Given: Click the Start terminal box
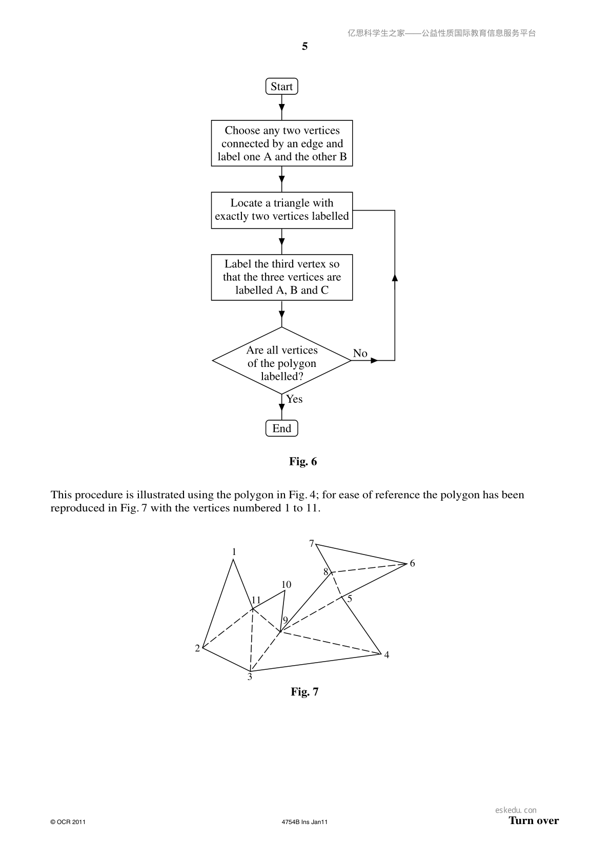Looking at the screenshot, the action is click(282, 86).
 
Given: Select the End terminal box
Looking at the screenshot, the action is click(282, 428).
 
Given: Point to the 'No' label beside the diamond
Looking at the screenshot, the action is click(360, 353).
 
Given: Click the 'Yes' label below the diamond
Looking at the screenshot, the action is click(294, 399).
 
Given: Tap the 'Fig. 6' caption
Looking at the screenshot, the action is click(303, 462).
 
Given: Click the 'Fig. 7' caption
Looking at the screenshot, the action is click(304, 691).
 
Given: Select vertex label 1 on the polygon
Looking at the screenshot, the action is click(234, 552).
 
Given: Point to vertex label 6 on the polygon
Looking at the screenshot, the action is click(412, 564).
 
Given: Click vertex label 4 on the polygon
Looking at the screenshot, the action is click(387, 655).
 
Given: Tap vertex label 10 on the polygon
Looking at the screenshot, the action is click(286, 584).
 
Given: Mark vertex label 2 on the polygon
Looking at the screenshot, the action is click(197, 648).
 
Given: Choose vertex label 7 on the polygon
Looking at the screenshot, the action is click(312, 544).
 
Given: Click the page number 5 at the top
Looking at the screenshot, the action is click(304, 47).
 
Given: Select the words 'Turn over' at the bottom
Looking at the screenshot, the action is click(534, 820).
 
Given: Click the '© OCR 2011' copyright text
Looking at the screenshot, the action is click(68, 822).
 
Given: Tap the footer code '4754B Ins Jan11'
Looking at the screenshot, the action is click(304, 822).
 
